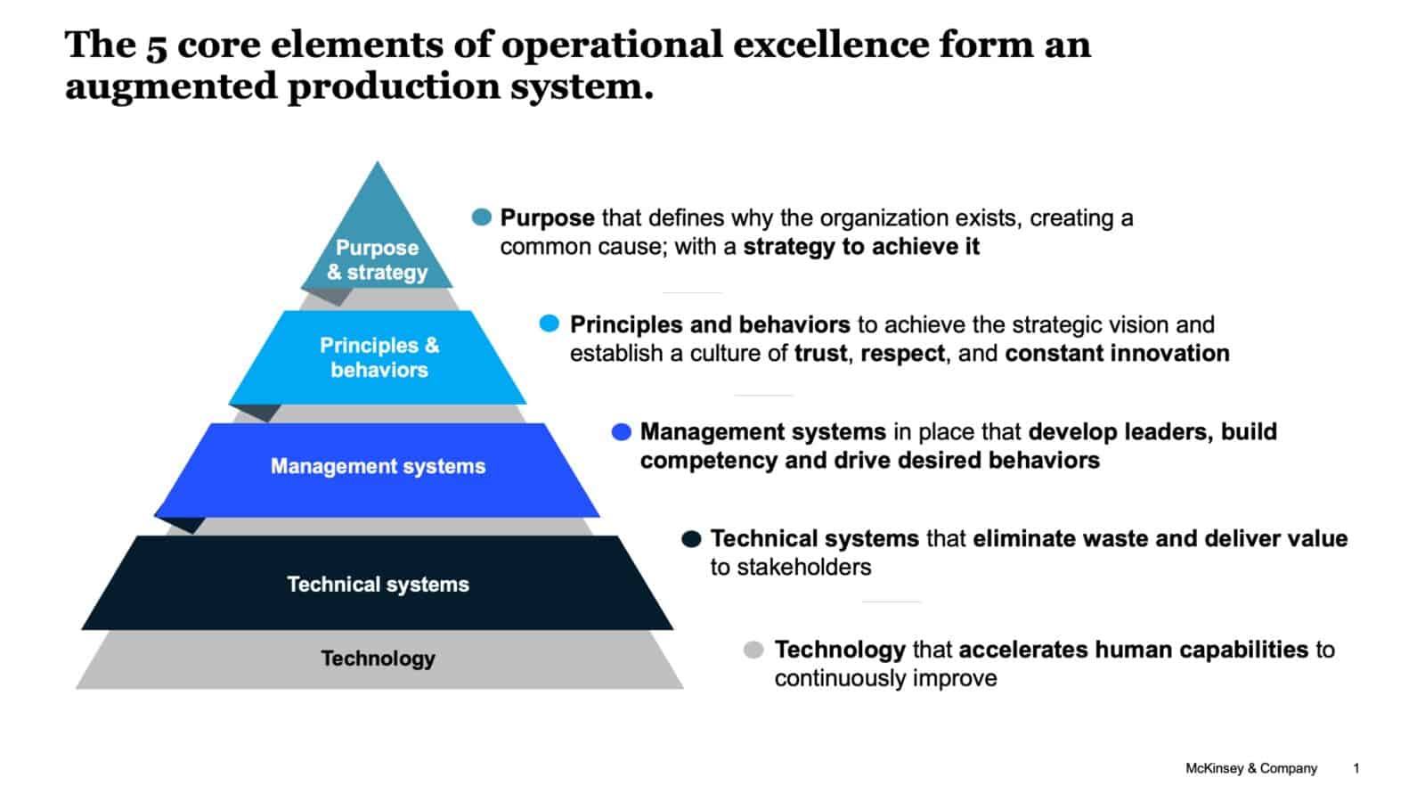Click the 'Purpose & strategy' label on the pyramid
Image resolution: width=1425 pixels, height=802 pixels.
coord(377,259)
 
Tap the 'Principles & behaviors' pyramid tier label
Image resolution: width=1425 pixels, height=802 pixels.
coord(379,357)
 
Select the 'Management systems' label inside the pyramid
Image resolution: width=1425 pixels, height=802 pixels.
coord(378,466)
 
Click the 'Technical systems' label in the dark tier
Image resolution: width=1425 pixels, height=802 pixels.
coord(378,585)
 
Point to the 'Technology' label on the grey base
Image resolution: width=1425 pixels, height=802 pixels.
coord(378,659)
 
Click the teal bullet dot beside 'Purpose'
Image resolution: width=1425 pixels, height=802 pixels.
coord(482,217)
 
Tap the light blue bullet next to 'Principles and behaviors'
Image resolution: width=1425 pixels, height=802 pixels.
coord(550,323)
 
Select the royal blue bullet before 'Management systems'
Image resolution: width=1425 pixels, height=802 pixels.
coord(621,432)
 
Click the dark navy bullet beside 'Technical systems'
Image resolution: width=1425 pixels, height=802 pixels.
coord(691,539)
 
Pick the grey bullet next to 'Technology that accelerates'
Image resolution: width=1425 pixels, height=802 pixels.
coord(753,650)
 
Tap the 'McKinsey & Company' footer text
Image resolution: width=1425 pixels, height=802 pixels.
coord(1250,768)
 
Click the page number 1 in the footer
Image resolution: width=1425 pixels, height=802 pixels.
coord(1356,768)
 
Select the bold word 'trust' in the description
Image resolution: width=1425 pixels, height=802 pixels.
coord(820,354)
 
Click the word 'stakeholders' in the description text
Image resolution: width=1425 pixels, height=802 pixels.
coord(790,568)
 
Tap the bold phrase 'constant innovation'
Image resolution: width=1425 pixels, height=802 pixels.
coord(1117,354)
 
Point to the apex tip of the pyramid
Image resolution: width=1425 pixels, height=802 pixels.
coord(378,163)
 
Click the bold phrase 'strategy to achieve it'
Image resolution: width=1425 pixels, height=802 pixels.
coord(861,247)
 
